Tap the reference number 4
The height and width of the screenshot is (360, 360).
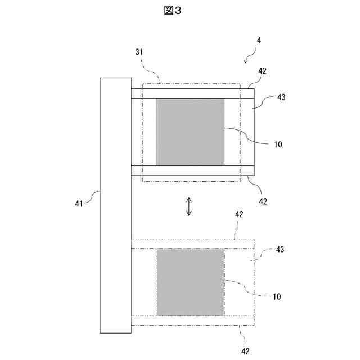pos(258,41)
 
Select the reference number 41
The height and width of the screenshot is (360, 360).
pos(79,203)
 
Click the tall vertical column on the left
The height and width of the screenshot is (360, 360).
pos(115,205)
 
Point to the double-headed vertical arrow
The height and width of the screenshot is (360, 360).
pos(190,206)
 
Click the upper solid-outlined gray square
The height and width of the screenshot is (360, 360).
pos(190,132)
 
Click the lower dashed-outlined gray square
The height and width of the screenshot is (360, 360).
pos(190,282)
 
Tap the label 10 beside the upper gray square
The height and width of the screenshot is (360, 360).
pos(277,145)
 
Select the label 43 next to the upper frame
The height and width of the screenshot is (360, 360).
pos(281,97)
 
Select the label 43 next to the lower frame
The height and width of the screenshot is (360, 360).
pos(281,249)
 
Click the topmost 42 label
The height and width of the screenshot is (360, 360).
pos(262,71)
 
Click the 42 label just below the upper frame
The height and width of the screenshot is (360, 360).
pos(262,201)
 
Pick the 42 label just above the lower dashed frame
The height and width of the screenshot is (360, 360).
pos(239,214)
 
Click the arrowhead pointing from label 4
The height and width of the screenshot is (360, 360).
pos(245,60)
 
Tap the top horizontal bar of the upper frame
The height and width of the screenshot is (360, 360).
pos(192,94)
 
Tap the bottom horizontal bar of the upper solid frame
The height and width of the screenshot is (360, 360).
pos(192,170)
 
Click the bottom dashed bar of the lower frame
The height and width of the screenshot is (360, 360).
pos(192,320)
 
